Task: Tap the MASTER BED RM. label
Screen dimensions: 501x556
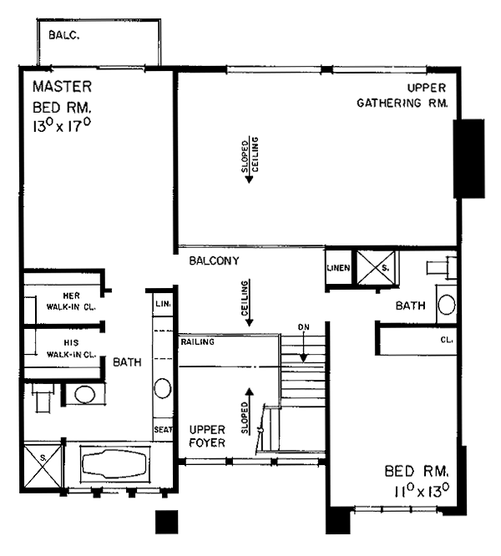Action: point(62,97)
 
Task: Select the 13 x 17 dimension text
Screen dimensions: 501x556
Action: point(62,125)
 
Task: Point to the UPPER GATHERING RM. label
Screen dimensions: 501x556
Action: point(402,95)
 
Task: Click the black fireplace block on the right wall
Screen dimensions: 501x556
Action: point(468,159)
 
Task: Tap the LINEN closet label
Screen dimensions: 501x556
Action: point(338,268)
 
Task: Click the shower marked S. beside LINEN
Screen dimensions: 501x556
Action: point(376,268)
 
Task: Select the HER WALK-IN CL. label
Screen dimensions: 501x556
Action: point(71,301)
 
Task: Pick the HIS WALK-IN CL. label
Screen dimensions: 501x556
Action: point(71,349)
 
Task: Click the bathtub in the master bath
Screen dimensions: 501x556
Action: point(114,464)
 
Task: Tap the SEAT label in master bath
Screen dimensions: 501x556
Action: point(163,429)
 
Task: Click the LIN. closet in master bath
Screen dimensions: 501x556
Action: point(163,304)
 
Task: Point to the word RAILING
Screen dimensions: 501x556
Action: point(198,341)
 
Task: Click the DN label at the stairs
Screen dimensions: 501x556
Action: point(303,327)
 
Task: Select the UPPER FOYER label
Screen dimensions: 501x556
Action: point(207,437)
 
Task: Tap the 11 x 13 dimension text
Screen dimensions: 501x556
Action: point(422,492)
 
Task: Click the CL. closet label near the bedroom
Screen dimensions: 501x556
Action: point(447,340)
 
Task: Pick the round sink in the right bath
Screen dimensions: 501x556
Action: point(447,305)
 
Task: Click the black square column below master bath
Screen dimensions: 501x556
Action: point(167,522)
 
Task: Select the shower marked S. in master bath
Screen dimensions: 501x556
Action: point(43,466)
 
